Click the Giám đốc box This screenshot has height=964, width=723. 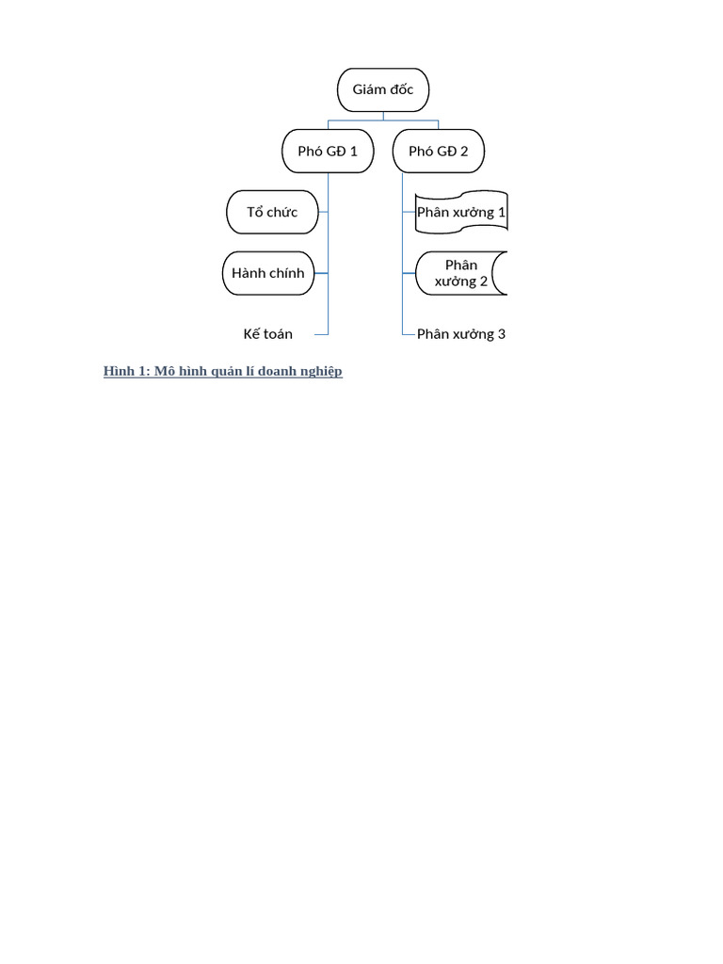coord(383,89)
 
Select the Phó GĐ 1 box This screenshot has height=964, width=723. coord(328,152)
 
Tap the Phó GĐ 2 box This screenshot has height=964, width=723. coord(439,152)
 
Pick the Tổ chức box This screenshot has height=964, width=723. coord(272,212)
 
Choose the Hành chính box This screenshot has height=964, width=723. coord(268,273)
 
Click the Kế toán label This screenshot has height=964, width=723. coord(268,334)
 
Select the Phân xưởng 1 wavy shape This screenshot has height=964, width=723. coord(461,212)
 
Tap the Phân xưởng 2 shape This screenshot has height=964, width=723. coord(461,273)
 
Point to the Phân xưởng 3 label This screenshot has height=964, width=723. coord(461,334)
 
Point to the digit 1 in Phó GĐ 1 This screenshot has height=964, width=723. coord(354,152)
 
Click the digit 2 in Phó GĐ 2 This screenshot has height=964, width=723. coord(464,152)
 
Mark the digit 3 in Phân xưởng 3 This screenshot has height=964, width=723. coord(502,334)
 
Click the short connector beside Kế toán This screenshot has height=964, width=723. coord(321,334)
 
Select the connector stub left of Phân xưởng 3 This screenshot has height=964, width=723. coord(409,334)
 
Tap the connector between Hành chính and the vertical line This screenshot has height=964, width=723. coord(321,273)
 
